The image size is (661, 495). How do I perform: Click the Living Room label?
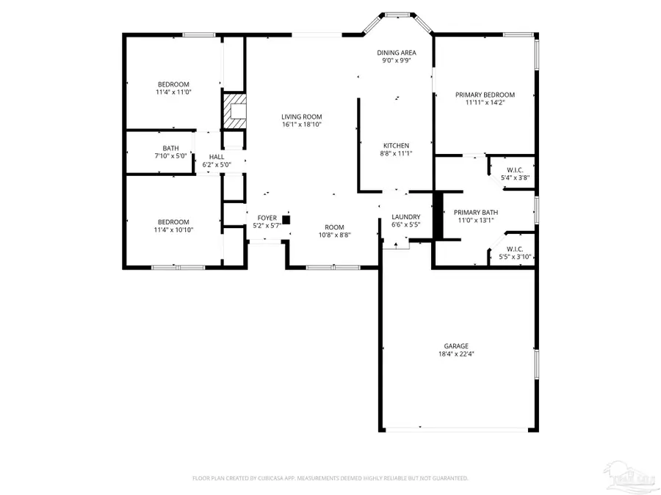[x=302, y=117]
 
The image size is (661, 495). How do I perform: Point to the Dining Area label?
[x=397, y=53]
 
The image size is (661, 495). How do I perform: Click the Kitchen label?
[x=396, y=145]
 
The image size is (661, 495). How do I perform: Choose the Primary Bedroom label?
[x=485, y=95]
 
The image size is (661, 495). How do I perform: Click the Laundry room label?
[x=405, y=217]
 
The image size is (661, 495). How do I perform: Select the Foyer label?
[x=266, y=218]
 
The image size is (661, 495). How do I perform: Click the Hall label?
[x=217, y=157]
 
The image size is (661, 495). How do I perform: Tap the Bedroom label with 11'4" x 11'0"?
[x=173, y=84]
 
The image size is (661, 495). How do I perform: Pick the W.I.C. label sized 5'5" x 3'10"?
[x=515, y=249]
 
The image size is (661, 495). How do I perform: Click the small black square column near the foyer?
[x=286, y=219]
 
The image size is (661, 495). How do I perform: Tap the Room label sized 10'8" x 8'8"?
[x=335, y=227]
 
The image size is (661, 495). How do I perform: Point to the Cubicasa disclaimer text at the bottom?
[x=330, y=478]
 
